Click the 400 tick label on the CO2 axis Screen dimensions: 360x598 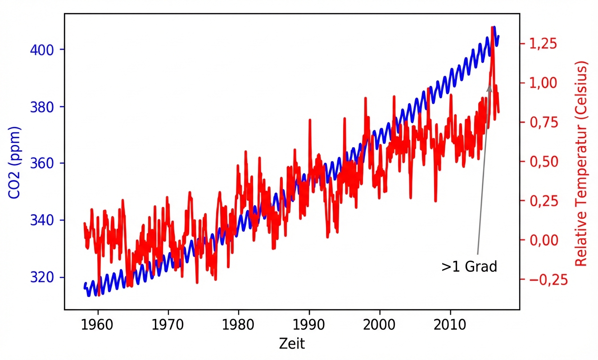(x=43, y=49)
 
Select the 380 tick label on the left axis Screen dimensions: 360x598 (x=43, y=107)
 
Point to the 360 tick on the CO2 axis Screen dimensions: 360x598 (x=43, y=163)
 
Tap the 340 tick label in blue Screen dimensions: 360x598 (x=43, y=220)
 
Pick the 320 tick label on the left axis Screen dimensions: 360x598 (x=43, y=278)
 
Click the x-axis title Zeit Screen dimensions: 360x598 (x=292, y=344)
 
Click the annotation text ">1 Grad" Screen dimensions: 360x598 (x=469, y=266)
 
